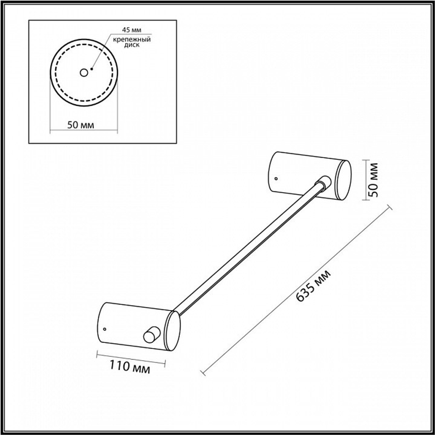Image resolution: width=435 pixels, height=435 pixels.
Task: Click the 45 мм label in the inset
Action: [132, 30]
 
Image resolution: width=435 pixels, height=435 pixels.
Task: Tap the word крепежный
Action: [132, 39]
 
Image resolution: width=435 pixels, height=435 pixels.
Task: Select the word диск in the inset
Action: [132, 45]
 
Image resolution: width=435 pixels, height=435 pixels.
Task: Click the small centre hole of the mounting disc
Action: [84, 73]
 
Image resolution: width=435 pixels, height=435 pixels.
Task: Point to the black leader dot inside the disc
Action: [91, 69]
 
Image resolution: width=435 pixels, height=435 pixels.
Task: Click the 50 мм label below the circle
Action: [81, 125]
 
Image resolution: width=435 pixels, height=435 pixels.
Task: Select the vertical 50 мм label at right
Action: [374, 180]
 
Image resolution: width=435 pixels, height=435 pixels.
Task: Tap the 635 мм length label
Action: [314, 285]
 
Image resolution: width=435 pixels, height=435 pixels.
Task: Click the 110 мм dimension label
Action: [130, 367]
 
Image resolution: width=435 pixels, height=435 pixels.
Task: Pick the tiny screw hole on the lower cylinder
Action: [104, 329]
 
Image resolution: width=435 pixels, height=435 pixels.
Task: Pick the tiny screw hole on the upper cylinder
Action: [276, 178]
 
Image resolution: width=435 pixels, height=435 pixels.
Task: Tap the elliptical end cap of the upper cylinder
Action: [343, 180]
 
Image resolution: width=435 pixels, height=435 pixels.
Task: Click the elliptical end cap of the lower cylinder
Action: [172, 331]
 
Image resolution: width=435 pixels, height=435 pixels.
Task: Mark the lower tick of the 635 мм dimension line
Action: [203, 373]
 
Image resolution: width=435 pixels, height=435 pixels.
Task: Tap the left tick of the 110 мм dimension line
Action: [97, 354]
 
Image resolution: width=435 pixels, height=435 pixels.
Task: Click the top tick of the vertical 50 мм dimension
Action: [366, 161]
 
